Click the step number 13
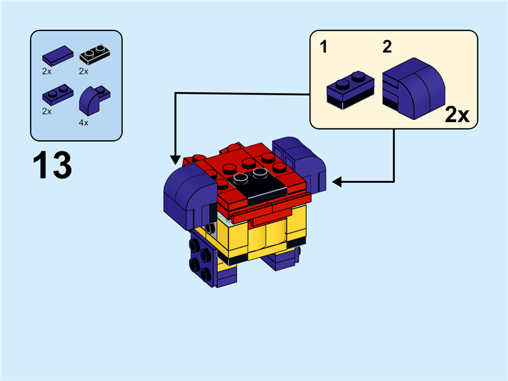(52, 165)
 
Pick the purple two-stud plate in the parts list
(55, 95)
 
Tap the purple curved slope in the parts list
(91, 100)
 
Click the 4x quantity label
(83, 123)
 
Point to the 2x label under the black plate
(83, 71)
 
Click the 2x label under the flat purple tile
(47, 71)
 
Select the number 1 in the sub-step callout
(324, 47)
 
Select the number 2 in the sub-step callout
(387, 46)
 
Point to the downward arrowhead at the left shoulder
(175, 159)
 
